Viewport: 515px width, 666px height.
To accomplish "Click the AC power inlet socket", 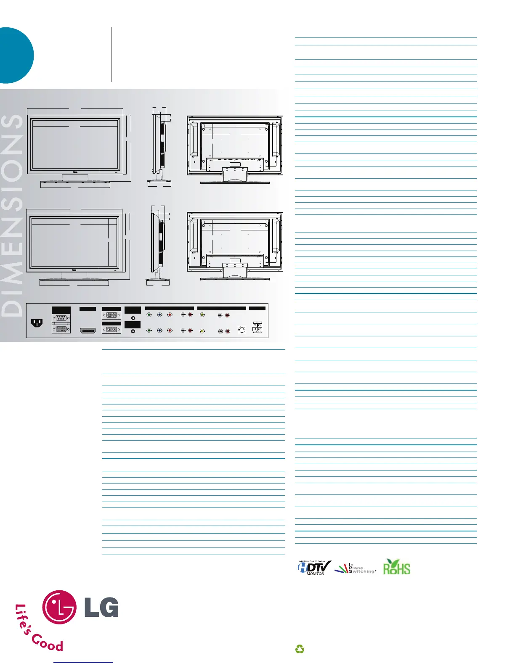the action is click(37, 323).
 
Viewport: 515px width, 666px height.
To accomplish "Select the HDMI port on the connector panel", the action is click(88, 331).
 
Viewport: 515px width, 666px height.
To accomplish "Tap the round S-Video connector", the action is click(242, 330).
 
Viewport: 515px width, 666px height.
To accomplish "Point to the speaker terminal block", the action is click(257, 327).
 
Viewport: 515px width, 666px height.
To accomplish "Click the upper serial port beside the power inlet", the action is click(61, 318).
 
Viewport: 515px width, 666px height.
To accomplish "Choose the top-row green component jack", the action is click(149, 314).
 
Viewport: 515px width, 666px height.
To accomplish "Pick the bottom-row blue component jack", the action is click(159, 330).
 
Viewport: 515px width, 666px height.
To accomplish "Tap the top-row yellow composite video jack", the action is click(202, 314).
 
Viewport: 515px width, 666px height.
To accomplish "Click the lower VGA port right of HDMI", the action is click(111, 330).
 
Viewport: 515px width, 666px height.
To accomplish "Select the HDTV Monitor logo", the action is click(314, 568).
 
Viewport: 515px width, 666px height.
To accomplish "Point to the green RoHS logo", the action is click(396, 567).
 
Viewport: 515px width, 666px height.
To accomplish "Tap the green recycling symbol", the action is click(300, 649).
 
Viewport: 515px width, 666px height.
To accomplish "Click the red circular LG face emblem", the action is click(59, 607).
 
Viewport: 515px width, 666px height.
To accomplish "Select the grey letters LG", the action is click(102, 608).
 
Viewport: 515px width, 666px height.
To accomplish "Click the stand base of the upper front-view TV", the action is click(75, 184).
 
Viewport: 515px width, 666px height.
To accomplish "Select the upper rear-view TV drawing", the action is click(235, 149).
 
